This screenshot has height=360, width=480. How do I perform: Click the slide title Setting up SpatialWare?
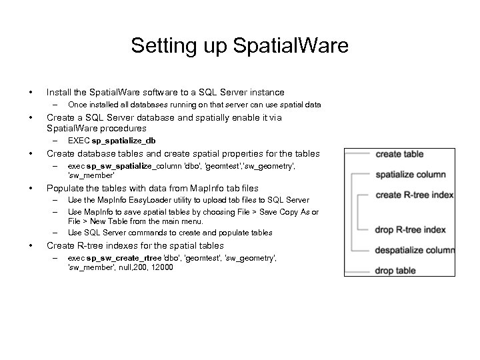point(239,46)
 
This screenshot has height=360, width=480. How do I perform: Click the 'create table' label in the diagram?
point(399,154)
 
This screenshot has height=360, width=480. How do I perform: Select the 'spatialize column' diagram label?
point(411,175)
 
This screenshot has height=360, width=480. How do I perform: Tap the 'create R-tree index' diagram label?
point(415,195)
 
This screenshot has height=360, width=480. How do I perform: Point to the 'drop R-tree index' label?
point(411,230)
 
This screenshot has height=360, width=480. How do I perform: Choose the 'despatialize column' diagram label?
point(415,250)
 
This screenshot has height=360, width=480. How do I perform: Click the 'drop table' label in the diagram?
point(396,271)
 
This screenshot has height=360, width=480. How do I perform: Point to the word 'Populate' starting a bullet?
point(64,188)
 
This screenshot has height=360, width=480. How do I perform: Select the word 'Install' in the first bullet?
point(57,93)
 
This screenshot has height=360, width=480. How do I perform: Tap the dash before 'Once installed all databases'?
point(56,105)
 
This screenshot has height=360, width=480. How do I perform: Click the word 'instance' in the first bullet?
point(265,93)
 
